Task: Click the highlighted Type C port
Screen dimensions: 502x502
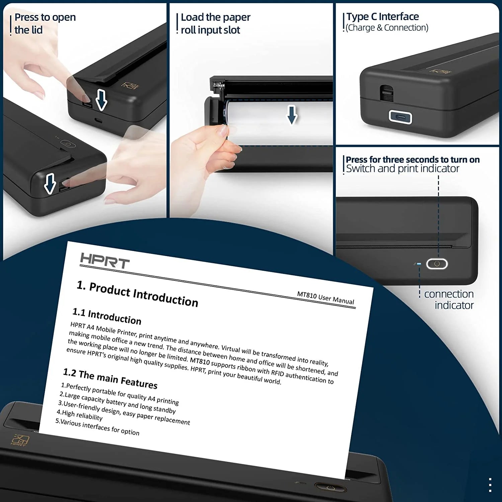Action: coord(400,117)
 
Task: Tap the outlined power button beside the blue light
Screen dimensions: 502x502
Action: coord(437,264)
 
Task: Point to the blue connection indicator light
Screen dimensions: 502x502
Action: coord(419,264)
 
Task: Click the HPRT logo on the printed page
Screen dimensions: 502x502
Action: coord(105,261)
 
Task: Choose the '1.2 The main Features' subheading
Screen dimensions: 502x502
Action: coord(110,379)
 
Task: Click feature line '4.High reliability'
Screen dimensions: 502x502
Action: coord(80,415)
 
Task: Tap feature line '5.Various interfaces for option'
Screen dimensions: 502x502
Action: coord(97,427)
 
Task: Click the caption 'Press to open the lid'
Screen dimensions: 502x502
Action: coord(45,23)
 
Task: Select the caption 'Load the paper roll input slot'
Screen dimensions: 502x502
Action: coord(215,23)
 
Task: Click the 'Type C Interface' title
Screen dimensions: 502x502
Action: coord(383,16)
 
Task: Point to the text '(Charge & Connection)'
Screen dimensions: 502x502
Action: coord(387,28)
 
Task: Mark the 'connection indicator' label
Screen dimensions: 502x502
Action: coord(449,300)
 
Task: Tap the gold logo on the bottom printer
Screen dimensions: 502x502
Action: coord(20,440)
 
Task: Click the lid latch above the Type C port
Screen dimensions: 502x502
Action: coord(387,92)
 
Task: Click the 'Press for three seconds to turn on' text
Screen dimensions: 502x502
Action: coord(413,160)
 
